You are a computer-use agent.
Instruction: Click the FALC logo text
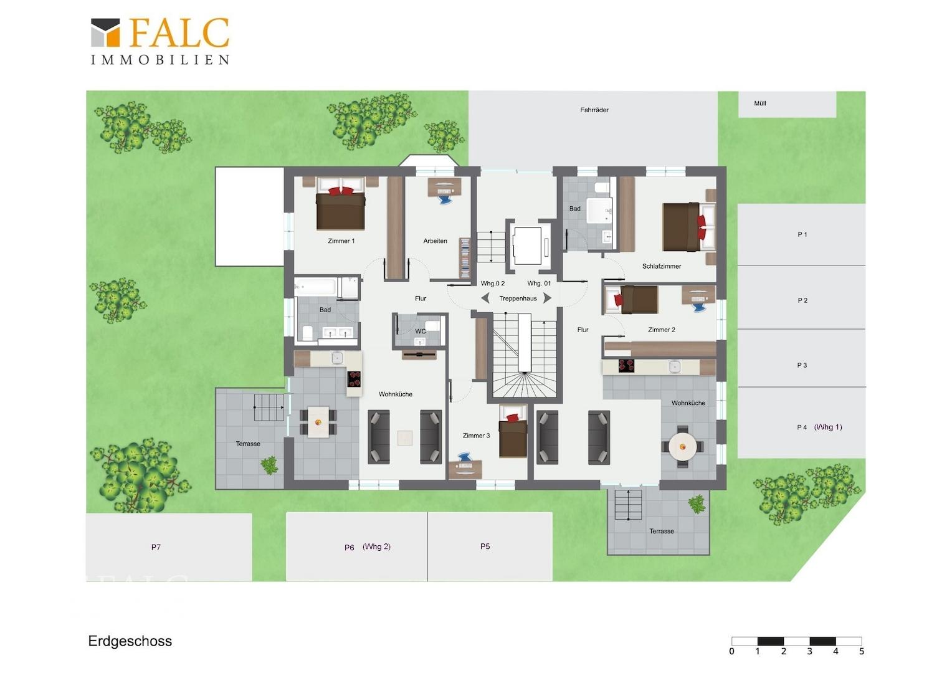tap(179, 32)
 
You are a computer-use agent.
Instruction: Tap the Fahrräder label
tap(594, 110)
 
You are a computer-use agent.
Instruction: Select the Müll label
tap(760, 103)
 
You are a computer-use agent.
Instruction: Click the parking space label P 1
tap(802, 234)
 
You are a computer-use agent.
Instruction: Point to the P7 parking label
tap(156, 547)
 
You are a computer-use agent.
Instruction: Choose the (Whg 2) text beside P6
tap(376, 547)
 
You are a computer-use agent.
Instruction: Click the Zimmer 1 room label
tap(341, 241)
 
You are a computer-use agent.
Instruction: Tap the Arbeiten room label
tap(436, 241)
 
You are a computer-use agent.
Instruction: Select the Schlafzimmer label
tap(661, 266)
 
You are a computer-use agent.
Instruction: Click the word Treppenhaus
tap(518, 298)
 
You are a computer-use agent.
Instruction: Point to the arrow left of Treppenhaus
tap(485, 298)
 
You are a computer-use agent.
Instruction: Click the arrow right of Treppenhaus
tap(548, 298)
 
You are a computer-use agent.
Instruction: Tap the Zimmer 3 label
tap(476, 436)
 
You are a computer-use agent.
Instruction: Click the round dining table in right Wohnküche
tap(683, 447)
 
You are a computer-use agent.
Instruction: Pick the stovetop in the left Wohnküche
tap(354, 379)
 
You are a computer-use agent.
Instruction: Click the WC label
tap(421, 331)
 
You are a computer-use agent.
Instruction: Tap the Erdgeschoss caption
tap(130, 641)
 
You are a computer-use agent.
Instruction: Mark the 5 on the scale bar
tap(862, 651)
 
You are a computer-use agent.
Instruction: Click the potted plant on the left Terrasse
tap(270, 465)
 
